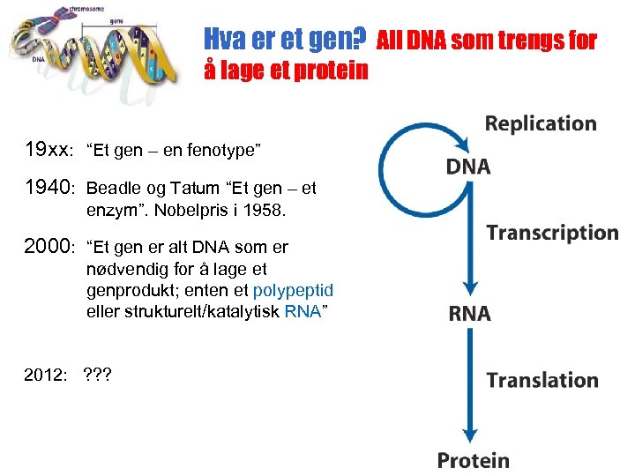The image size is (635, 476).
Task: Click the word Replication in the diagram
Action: [x=540, y=123]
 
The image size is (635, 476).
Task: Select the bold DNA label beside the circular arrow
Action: [x=467, y=167]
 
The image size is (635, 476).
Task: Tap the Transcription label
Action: [x=552, y=233]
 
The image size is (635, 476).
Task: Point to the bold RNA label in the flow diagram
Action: [x=469, y=314]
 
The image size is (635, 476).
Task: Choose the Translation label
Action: [x=542, y=380]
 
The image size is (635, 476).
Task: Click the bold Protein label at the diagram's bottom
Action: [x=473, y=460]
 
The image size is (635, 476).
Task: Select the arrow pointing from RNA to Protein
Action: [x=470, y=388]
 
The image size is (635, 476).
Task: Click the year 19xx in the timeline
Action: [x=49, y=150]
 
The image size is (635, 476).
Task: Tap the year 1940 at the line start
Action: [x=51, y=187]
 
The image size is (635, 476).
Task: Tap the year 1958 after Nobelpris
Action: [x=264, y=212]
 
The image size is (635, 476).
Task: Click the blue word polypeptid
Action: [x=293, y=290]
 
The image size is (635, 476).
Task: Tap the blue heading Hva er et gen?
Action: [x=285, y=39]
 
